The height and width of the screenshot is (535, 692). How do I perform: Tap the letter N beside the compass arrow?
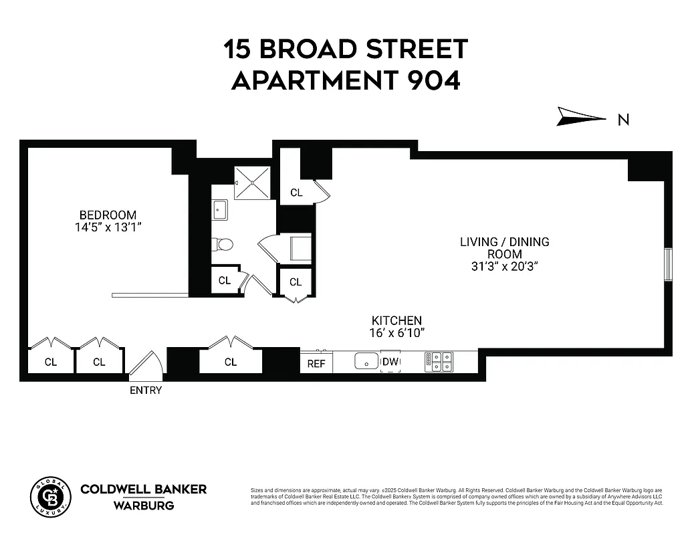pyautogui.click(x=623, y=120)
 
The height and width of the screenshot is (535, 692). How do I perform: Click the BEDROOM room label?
pyautogui.click(x=108, y=215)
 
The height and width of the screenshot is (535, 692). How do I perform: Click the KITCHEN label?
pyautogui.click(x=397, y=321)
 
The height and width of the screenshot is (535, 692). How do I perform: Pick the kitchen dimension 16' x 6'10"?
pyautogui.click(x=397, y=333)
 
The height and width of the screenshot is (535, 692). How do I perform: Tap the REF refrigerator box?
pyautogui.click(x=316, y=363)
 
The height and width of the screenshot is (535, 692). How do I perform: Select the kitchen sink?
pyautogui.click(x=366, y=361)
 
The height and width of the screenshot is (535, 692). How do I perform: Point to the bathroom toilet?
pyautogui.click(x=223, y=245)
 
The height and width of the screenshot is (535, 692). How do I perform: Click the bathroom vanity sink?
pyautogui.click(x=220, y=211)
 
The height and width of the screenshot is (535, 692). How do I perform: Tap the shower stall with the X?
pyautogui.click(x=251, y=183)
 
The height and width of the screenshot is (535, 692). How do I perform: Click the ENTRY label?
pyautogui.click(x=146, y=390)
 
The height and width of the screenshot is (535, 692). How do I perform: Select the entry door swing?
pyautogui.click(x=147, y=364)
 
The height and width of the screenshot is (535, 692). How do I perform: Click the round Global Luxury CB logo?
pyautogui.click(x=50, y=497)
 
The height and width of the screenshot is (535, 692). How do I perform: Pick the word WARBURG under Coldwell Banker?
pyautogui.click(x=144, y=505)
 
